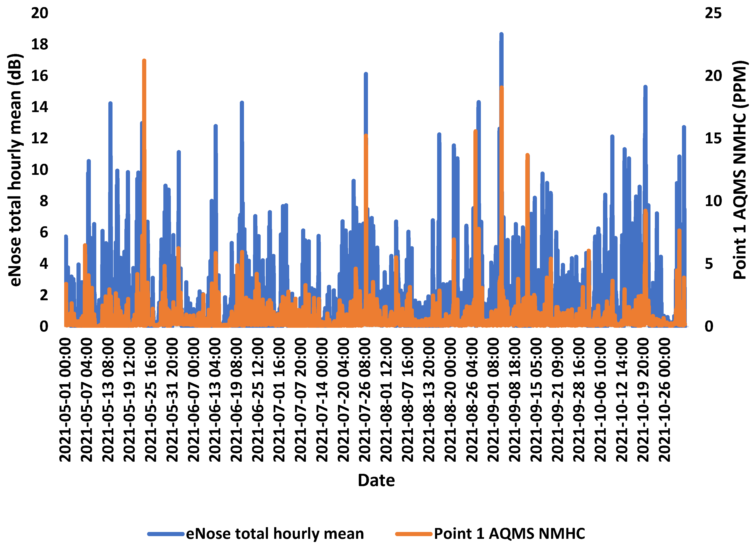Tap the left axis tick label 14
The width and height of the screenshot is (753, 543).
40,107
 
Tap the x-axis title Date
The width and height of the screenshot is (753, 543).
376,480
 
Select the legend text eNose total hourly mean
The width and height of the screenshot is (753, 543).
275,533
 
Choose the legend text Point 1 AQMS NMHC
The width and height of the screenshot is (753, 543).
509,533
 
